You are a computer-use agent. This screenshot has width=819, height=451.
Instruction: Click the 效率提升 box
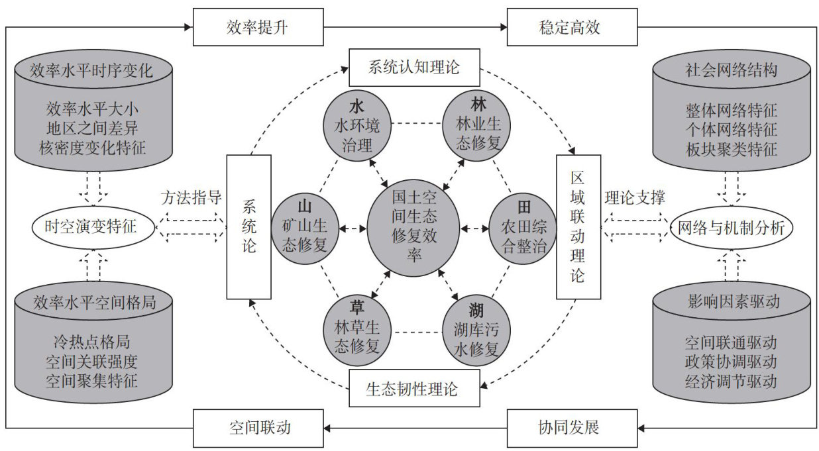[258, 27]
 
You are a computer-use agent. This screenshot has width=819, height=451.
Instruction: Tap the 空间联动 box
[258, 427]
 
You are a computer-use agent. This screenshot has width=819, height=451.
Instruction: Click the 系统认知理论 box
[413, 67]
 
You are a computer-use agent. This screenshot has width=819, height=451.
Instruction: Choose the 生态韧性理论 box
[413, 388]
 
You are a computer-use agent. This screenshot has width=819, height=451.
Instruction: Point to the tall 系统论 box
[248, 226]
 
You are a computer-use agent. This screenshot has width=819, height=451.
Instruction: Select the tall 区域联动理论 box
[578, 226]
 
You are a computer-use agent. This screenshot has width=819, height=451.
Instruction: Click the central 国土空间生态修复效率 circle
[413, 227]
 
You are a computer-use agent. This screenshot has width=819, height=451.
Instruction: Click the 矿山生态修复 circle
[304, 227]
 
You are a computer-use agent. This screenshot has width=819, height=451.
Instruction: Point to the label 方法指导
[191, 197]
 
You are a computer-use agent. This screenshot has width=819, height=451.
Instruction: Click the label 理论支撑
[635, 197]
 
